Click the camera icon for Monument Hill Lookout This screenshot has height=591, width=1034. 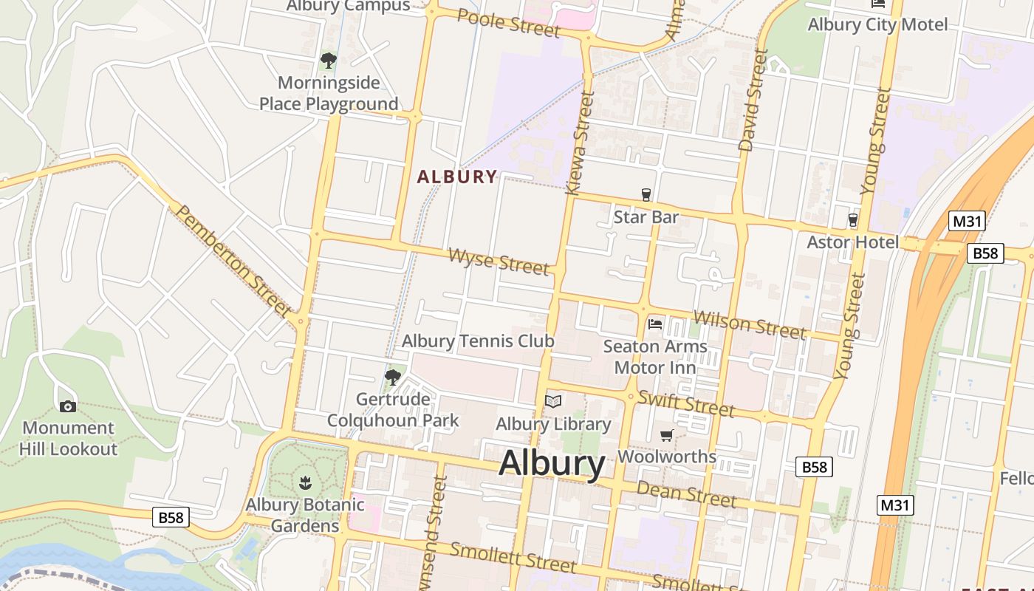67,406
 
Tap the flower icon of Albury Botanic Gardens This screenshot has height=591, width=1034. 304,484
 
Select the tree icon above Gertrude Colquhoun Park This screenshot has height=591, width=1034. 392,378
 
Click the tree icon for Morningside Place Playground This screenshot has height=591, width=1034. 329,61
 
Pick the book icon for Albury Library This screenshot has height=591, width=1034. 553,401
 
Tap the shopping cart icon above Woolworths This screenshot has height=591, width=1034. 667,435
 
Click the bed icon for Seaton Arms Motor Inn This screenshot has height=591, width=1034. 654,324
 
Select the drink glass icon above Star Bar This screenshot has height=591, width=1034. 646,194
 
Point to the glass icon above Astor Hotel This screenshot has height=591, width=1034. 852,219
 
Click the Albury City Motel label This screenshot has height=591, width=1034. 877,24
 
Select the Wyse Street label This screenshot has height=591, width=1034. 499,262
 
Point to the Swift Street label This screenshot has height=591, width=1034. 686,403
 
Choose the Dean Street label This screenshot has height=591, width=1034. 686,493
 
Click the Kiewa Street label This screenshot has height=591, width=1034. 580,143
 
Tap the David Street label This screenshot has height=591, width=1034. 753,100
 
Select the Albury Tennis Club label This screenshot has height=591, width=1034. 478,341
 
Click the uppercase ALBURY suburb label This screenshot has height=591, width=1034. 457,177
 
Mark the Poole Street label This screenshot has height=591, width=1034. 508,22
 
